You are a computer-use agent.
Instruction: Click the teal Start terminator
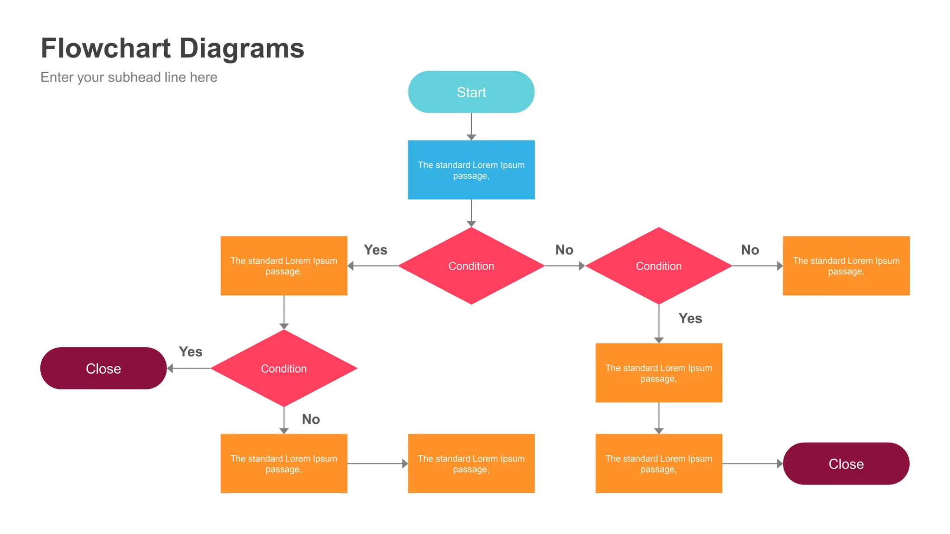(x=471, y=92)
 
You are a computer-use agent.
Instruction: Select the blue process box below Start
(x=471, y=170)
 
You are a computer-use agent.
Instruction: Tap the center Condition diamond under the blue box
(x=471, y=266)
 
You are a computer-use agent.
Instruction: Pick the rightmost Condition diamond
(x=658, y=266)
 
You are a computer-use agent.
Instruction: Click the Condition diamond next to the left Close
(x=283, y=368)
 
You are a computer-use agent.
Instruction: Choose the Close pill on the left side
(x=103, y=368)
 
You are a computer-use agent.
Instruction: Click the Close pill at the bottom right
(x=846, y=464)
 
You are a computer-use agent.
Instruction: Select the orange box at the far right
(x=846, y=266)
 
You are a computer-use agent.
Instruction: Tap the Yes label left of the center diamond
(x=375, y=250)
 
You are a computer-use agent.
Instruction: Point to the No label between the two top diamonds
(x=564, y=250)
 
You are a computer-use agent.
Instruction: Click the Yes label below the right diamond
(x=690, y=318)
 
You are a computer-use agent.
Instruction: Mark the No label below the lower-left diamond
(x=311, y=420)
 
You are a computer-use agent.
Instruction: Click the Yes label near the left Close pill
(x=191, y=352)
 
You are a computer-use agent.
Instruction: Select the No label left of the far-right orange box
(x=750, y=250)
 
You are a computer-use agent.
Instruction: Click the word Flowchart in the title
(x=106, y=48)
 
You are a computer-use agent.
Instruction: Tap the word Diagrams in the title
(x=241, y=48)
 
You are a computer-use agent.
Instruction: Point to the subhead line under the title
(x=128, y=77)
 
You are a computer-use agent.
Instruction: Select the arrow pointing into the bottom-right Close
(x=752, y=464)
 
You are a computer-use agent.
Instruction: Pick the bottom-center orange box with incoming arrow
(x=471, y=464)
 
